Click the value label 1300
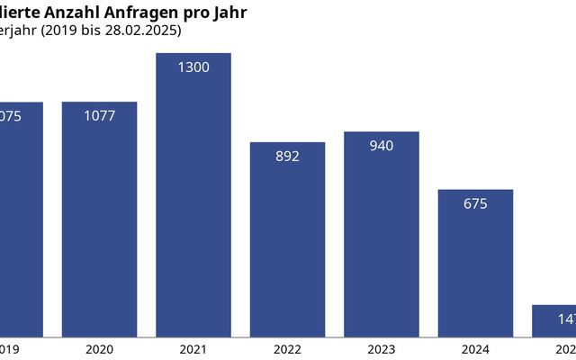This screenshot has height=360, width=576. [x=193, y=67]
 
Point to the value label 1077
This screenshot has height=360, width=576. [x=99, y=116]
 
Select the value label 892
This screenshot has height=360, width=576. [x=287, y=156]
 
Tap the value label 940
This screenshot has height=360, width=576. [x=382, y=146]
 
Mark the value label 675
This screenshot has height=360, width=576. [x=475, y=203]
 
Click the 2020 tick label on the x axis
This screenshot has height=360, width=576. [x=99, y=349]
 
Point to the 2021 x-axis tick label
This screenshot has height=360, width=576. [x=193, y=349]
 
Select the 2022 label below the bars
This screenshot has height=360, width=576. [x=287, y=349]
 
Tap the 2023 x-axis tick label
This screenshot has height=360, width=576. [x=382, y=349]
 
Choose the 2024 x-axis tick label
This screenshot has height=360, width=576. [x=475, y=349]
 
